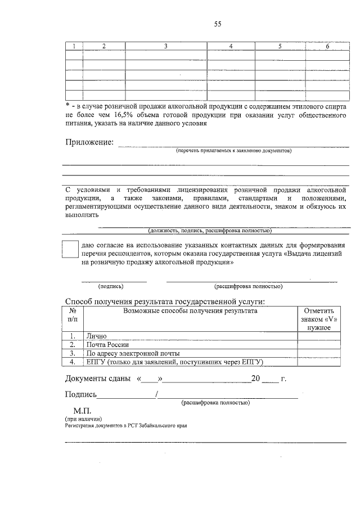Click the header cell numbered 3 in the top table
point(166,46)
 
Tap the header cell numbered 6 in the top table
point(327,46)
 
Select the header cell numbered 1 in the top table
point(74,46)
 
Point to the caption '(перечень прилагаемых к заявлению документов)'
point(233,151)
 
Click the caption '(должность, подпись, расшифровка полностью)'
point(210,231)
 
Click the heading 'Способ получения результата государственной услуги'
point(165,301)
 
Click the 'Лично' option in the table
point(96,336)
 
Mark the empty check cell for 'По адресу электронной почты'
point(318,353)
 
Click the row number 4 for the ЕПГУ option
point(73,362)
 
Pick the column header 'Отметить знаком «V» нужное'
point(318,319)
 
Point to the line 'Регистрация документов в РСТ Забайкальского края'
point(125,426)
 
